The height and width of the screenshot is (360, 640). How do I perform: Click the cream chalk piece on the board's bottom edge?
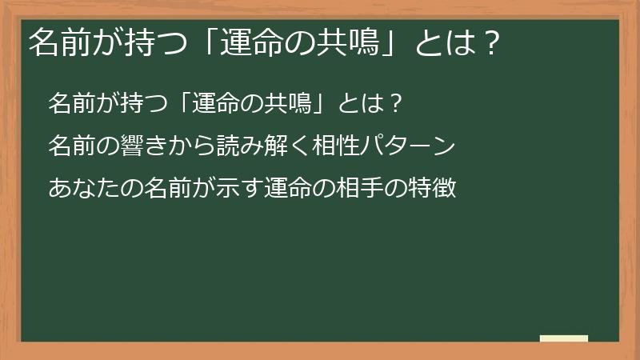(x=564, y=338)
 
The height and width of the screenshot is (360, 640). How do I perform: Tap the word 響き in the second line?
(x=130, y=146)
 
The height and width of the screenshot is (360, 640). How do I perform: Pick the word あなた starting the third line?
(x=78, y=190)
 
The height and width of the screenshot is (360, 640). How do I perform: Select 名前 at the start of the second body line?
(x=68, y=146)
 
